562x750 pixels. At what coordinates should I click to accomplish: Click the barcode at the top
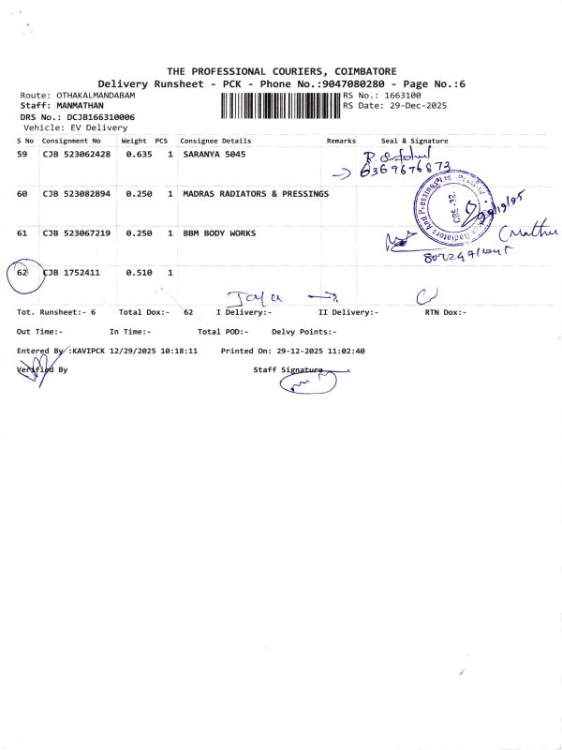point(281,104)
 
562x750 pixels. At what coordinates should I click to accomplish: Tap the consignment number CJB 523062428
point(76,155)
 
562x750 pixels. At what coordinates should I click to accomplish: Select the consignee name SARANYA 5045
point(214,155)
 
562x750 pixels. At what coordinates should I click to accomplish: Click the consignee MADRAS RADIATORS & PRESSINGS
point(256,194)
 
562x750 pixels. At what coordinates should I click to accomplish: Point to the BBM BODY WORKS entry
point(219,233)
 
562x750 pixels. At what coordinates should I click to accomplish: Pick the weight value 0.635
point(139,155)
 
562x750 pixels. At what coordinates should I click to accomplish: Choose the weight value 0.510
point(139,273)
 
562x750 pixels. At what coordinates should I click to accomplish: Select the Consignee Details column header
point(215,141)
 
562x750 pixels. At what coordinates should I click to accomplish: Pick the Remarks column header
point(341,141)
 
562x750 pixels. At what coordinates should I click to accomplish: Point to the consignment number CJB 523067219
point(76,233)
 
